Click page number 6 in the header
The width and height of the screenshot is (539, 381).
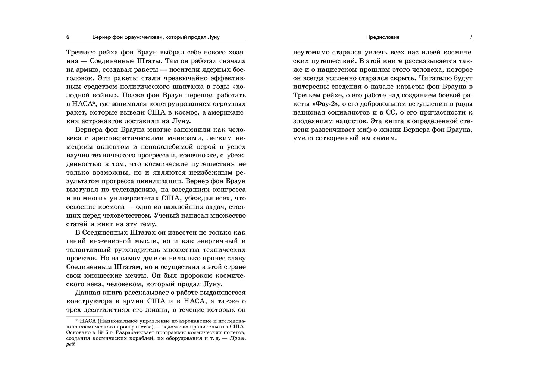[x=68, y=37]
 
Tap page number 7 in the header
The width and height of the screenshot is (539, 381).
[x=471, y=37]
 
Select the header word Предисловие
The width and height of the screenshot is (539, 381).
[x=383, y=37]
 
